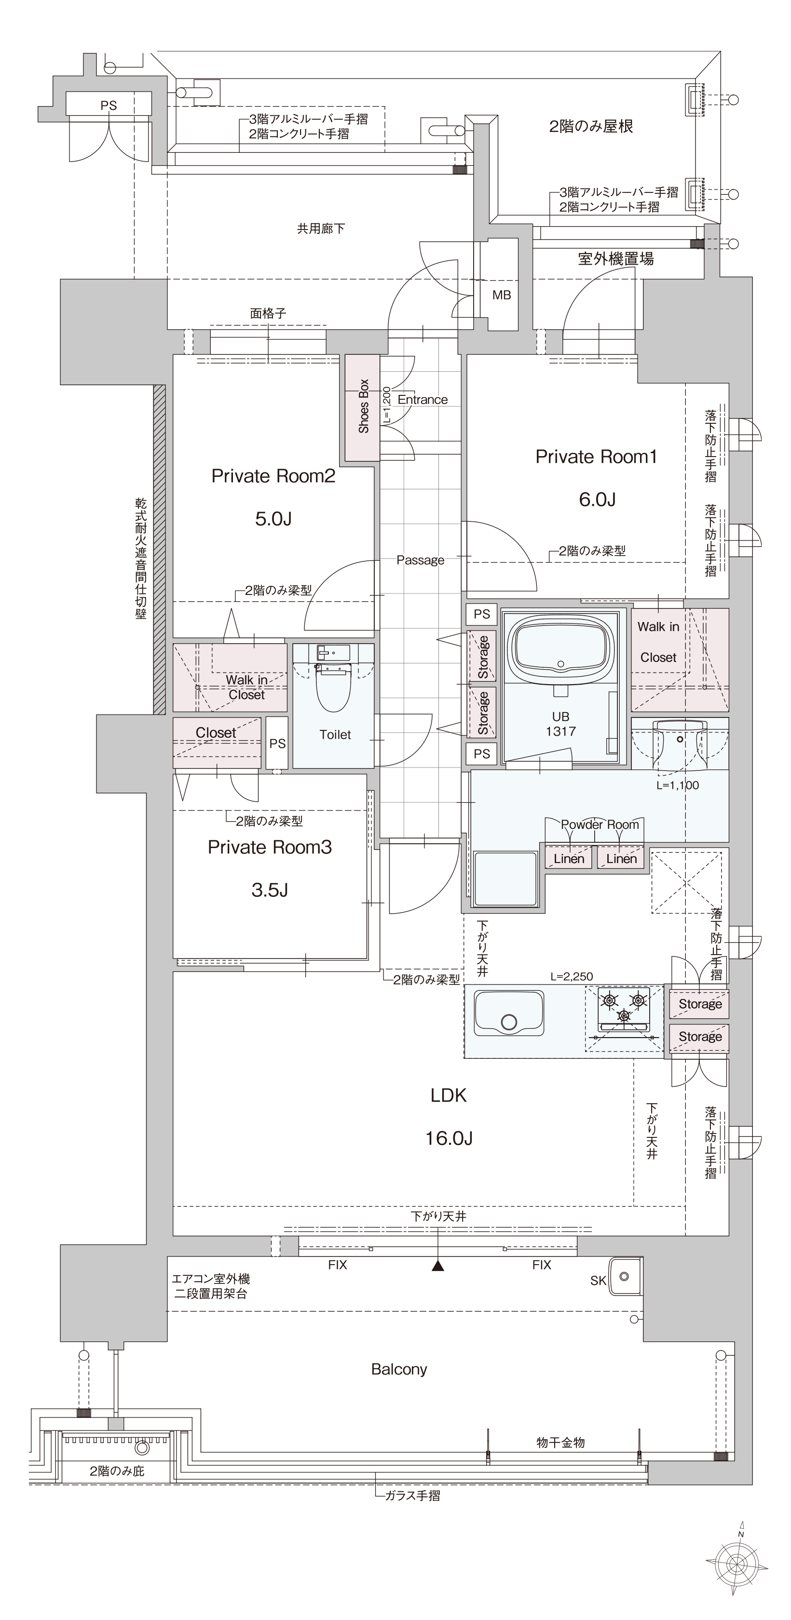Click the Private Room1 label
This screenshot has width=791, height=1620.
(x=596, y=457)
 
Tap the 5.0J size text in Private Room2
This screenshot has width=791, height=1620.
(x=273, y=519)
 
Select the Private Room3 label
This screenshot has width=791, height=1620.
(x=269, y=847)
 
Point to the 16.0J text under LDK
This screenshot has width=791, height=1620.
(x=449, y=1138)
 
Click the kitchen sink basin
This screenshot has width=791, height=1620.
(x=509, y=1014)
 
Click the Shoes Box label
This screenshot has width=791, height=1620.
(x=364, y=406)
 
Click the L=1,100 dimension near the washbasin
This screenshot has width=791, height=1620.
(x=677, y=785)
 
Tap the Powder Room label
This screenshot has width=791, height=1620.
(x=600, y=824)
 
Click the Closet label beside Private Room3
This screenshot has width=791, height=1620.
(x=216, y=733)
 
